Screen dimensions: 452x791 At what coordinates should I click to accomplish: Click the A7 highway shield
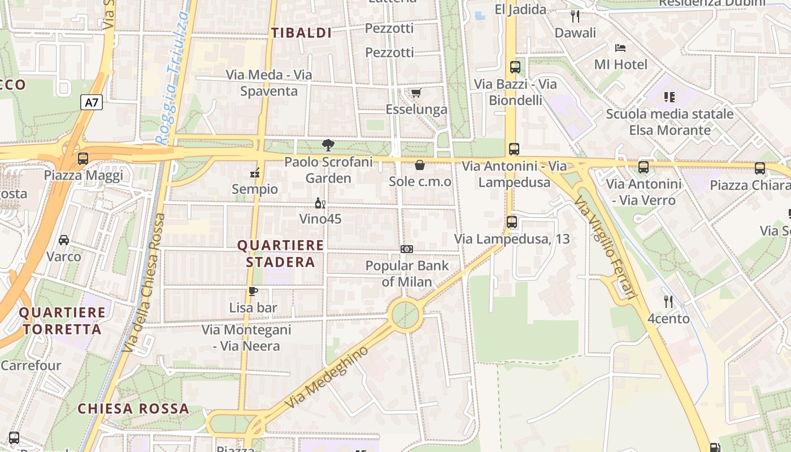click(x=92, y=103)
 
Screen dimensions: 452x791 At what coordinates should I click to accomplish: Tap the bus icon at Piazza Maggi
click(x=83, y=159)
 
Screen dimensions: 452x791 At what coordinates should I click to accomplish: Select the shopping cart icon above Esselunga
click(x=416, y=93)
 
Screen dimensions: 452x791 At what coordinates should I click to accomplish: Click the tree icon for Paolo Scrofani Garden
click(x=328, y=145)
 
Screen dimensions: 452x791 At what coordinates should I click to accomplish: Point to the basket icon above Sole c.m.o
click(x=420, y=165)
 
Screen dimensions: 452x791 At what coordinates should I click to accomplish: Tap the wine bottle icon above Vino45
click(x=320, y=203)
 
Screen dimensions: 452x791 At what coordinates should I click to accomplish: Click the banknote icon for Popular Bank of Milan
click(x=407, y=249)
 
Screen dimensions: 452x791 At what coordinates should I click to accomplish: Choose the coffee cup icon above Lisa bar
click(x=253, y=292)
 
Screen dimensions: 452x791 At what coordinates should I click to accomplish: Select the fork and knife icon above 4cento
click(x=668, y=302)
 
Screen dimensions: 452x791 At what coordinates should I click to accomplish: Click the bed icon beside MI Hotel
click(x=620, y=48)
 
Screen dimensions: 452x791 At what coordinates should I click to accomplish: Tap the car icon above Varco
click(x=64, y=240)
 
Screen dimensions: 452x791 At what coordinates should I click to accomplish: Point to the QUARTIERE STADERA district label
click(x=281, y=254)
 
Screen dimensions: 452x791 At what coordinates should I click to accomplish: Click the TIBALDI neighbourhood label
click(x=301, y=33)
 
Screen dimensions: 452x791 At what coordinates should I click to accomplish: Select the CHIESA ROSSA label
click(x=133, y=408)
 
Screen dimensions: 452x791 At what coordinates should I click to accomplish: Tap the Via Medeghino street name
click(x=327, y=377)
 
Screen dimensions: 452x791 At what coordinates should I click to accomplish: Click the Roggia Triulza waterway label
click(x=172, y=79)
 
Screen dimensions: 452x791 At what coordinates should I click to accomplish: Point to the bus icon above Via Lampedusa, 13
click(x=512, y=222)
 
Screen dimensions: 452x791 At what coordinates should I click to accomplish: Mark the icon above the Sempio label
click(x=255, y=173)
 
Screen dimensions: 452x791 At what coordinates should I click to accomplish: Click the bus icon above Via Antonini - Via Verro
click(x=644, y=167)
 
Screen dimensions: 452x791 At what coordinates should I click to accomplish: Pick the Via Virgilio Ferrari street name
click(x=606, y=247)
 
